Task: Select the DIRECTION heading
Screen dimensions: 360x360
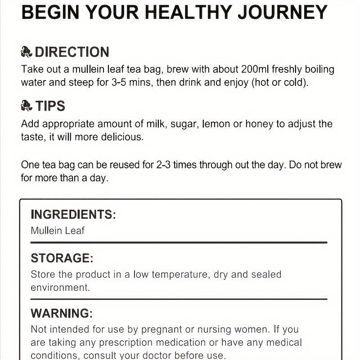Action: click(x=72, y=52)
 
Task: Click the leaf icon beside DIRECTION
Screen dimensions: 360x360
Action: click(x=27, y=53)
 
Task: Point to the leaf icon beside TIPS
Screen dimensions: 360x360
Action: click(x=27, y=106)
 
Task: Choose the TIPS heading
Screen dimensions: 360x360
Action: click(x=50, y=106)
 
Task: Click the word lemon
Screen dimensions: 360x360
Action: click(x=218, y=124)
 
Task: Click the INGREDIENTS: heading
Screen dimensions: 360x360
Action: click(x=73, y=214)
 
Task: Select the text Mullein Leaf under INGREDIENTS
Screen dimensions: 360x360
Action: click(x=58, y=231)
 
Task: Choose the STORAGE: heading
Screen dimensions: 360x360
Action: click(x=62, y=258)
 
